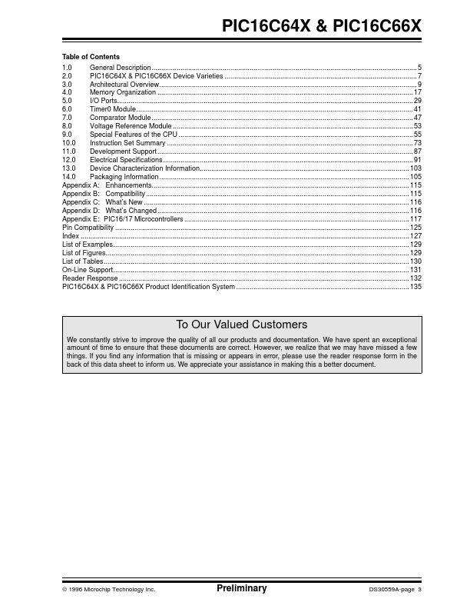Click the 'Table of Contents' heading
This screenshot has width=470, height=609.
(91, 57)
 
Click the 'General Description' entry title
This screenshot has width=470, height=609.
(120, 68)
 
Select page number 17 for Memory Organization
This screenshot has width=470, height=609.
(418, 92)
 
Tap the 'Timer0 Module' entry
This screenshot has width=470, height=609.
(113, 109)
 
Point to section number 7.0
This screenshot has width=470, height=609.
(67, 118)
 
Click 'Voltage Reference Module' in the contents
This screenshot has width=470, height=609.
(131, 126)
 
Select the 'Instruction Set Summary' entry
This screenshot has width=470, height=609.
(127, 143)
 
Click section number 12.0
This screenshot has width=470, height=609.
(68, 160)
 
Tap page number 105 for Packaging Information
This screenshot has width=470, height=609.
(416, 177)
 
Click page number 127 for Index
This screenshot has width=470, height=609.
(416, 236)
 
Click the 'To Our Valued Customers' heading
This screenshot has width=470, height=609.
(241, 324)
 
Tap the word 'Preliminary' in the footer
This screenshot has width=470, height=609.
(241, 588)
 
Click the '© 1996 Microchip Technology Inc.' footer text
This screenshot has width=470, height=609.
(108, 590)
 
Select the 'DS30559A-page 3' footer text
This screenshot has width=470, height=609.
(396, 590)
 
